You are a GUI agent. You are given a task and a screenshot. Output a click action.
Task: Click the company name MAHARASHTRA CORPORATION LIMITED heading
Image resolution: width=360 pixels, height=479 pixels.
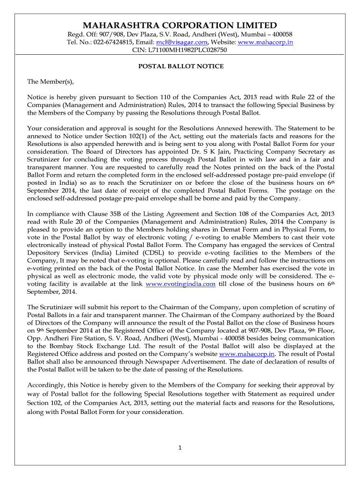[180, 25]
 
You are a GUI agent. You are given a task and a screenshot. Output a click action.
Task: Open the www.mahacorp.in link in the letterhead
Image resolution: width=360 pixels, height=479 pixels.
[266, 42]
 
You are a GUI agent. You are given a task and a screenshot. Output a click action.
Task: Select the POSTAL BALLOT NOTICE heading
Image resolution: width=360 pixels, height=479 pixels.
[180, 66]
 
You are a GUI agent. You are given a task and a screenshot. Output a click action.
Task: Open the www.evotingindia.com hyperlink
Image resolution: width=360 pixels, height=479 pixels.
[180, 283]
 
